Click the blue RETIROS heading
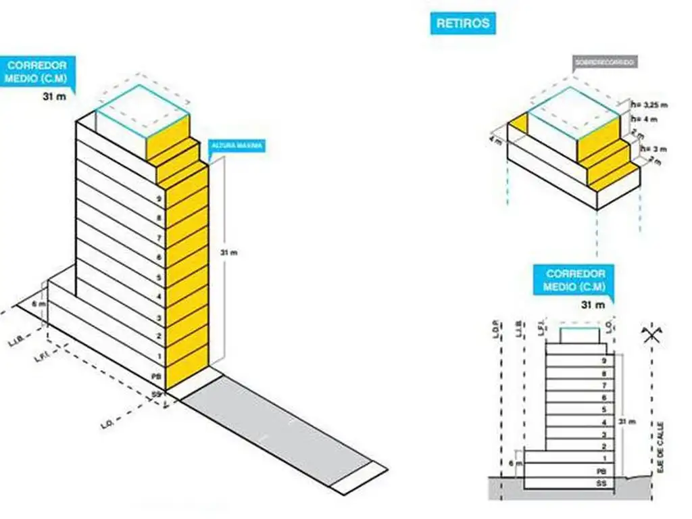pyautogui.click(x=463, y=24)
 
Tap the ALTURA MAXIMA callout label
pyautogui.click(x=237, y=145)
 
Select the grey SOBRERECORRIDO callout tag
pyautogui.click(x=604, y=63)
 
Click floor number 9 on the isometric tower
pyautogui.click(x=158, y=199)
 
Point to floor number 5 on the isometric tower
pyautogui.click(x=158, y=278)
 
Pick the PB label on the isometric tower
pyautogui.click(x=157, y=374)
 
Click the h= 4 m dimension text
pyautogui.click(x=643, y=119)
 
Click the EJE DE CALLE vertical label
pyautogui.click(x=660, y=445)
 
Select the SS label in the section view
pyautogui.click(x=601, y=484)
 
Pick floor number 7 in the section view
pyautogui.click(x=603, y=385)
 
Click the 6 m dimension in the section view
pyautogui.click(x=517, y=464)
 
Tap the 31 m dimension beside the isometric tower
pyautogui.click(x=230, y=252)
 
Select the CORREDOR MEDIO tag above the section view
pyautogui.click(x=574, y=280)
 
